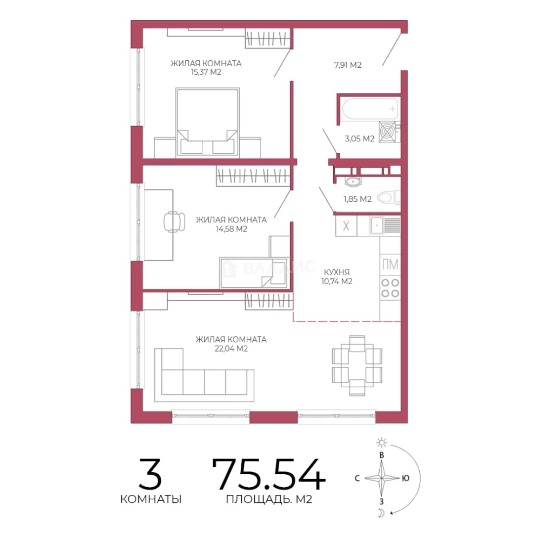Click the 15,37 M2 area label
[x=206, y=72]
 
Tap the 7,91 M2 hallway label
[x=348, y=65]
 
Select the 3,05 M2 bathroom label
[x=359, y=138]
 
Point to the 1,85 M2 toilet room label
[x=357, y=199]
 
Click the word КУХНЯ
[x=337, y=272]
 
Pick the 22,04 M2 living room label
[x=231, y=349]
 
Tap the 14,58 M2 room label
[x=231, y=229]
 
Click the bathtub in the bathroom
[x=370, y=109]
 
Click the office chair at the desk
[x=175, y=222]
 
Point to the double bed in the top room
[x=207, y=123]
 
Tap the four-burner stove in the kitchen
[x=390, y=288]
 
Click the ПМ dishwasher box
[x=390, y=265]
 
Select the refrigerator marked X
[x=346, y=226]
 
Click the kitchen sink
[x=385, y=225]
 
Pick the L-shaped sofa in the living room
[x=204, y=375]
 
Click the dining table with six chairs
[x=357, y=365]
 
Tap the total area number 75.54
[x=268, y=474]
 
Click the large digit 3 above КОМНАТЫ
[x=150, y=474]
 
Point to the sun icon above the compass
[x=381, y=443]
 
